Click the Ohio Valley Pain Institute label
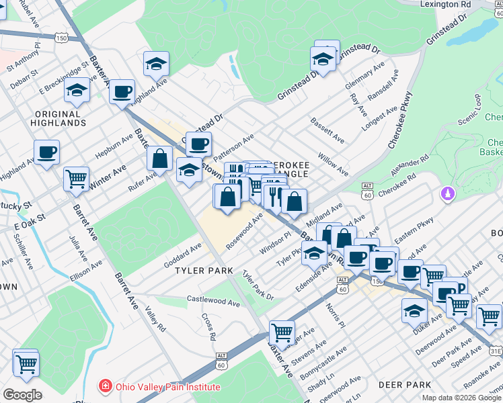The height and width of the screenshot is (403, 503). pyautogui.click(x=167, y=387)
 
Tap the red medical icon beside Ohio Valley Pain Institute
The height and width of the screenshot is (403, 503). pyautogui.click(x=105, y=387)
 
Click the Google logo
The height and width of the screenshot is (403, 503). pyautogui.click(x=22, y=395)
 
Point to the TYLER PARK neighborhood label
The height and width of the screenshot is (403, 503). pyautogui.click(x=204, y=271)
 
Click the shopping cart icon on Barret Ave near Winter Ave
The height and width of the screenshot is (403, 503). pyautogui.click(x=77, y=179)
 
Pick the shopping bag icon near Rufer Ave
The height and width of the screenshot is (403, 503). pyautogui.click(x=160, y=159)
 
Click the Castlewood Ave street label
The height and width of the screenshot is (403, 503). pyautogui.click(x=213, y=303)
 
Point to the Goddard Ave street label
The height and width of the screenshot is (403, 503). pyautogui.click(x=182, y=257)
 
